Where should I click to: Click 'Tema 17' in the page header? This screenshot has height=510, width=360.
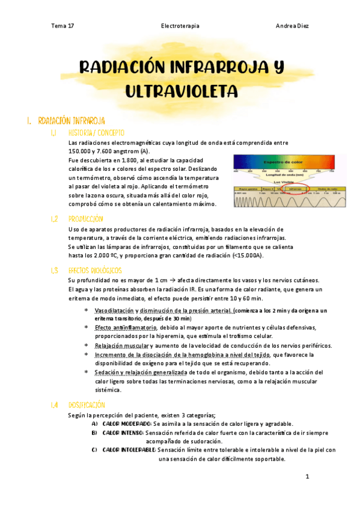(63, 26)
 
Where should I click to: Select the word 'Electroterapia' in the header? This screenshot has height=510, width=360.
(180, 26)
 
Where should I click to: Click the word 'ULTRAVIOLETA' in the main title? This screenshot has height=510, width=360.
(182, 90)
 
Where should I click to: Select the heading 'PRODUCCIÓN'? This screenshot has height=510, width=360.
(86, 219)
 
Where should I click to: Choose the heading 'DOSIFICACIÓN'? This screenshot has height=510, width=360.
(87, 405)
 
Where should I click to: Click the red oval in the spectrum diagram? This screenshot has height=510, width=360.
(294, 188)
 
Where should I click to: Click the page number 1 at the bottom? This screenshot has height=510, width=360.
(307, 477)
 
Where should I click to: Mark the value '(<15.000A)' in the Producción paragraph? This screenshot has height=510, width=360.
(248, 255)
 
